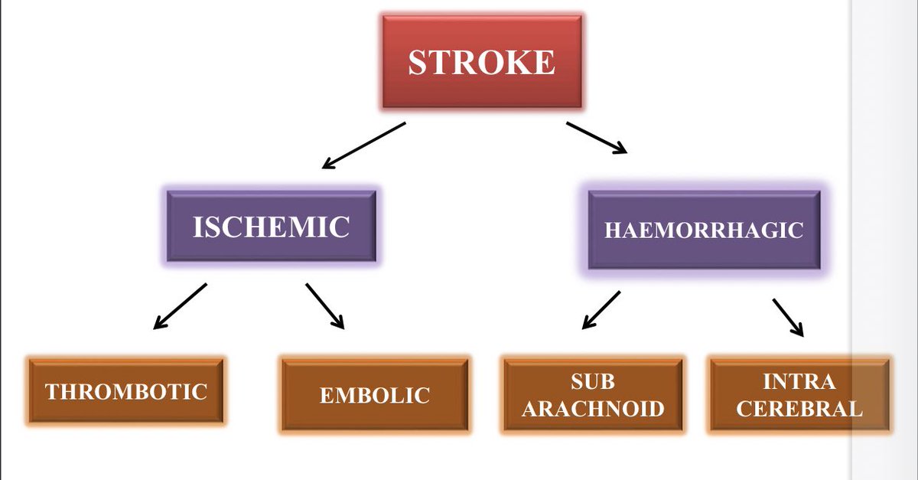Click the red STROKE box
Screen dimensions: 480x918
click(481, 60)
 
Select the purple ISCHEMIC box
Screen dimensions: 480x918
click(271, 227)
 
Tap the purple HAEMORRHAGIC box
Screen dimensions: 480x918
click(704, 230)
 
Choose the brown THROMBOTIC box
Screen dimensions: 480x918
click(126, 391)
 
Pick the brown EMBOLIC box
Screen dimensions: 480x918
click(374, 394)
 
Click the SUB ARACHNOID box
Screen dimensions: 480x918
click(592, 394)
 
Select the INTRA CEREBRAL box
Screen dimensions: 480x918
click(799, 394)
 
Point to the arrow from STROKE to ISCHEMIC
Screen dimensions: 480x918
click(363, 145)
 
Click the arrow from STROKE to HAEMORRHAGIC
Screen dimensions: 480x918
click(597, 138)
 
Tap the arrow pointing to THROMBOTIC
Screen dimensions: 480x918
click(180, 306)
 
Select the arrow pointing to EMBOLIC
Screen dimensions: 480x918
click(325, 306)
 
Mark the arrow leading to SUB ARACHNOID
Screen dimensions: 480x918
click(601, 310)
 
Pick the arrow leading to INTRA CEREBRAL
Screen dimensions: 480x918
click(789, 317)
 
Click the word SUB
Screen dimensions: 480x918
click(593, 381)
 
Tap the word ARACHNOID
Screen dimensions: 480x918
click(593, 408)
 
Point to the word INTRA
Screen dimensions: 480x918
click(799, 381)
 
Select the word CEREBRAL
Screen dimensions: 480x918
click(799, 408)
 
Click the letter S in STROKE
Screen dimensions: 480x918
click(418, 62)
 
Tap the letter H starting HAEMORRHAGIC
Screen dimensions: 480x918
click(612, 230)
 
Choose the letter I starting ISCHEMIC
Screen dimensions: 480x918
click(197, 227)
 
